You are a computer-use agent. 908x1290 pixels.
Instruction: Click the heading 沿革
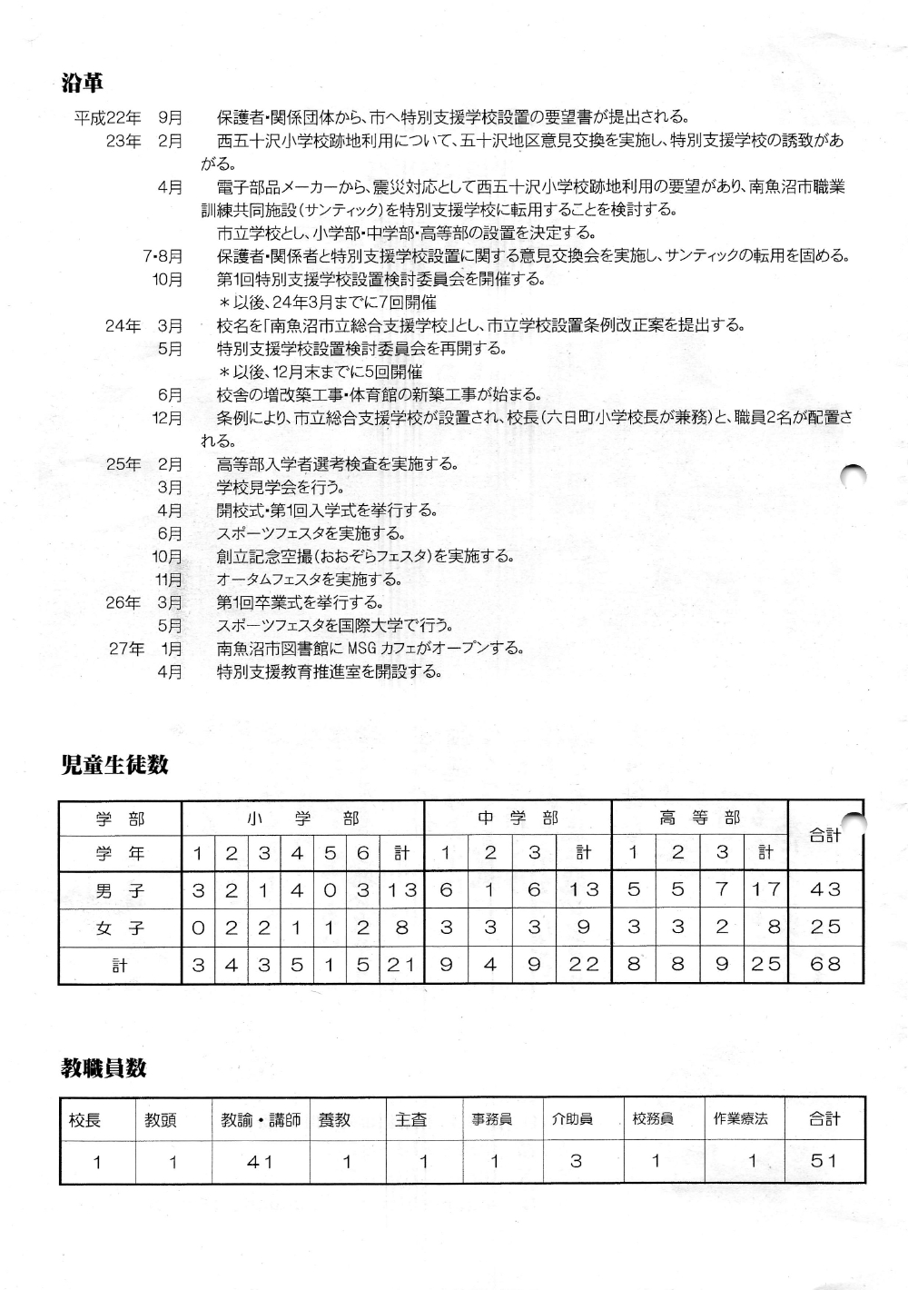point(82,84)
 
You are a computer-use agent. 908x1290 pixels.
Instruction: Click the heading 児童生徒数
point(114,765)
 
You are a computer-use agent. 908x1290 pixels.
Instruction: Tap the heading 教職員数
point(104,1068)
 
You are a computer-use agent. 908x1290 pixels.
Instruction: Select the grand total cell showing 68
point(825,965)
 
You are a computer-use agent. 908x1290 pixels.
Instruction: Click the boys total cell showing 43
point(825,890)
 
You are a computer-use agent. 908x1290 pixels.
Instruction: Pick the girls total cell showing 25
point(825,928)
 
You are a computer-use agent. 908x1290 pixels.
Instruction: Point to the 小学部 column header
point(303,819)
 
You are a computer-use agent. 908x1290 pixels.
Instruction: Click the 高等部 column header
point(699,818)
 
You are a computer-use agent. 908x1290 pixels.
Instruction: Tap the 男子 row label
point(120,890)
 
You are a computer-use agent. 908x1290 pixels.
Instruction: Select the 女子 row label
point(120,928)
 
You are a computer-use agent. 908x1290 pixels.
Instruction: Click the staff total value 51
point(824,1161)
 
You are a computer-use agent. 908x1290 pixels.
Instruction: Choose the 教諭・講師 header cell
point(260,1120)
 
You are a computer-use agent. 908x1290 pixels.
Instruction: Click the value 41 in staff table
point(260,1162)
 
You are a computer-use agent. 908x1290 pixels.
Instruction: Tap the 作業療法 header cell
point(741,1119)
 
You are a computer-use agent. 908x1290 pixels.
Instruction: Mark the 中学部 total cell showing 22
point(584,965)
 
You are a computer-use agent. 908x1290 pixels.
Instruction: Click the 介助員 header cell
point(573,1119)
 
